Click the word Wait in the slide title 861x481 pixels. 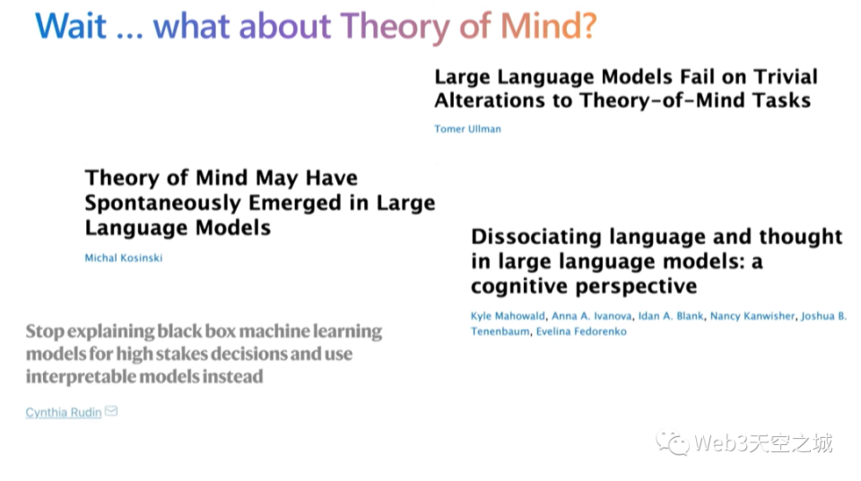pos(70,26)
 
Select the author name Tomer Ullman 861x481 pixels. pos(467,128)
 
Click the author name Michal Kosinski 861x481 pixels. pos(123,258)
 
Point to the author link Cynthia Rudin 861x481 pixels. pos(63,412)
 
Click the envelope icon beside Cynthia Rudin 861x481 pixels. pos(111,411)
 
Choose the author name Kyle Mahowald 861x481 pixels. pos(508,316)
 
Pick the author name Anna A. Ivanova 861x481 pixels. pos(591,316)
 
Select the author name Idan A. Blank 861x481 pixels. pos(671,316)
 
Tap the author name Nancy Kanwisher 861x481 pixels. pos(752,316)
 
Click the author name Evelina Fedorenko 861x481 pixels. pos(581,331)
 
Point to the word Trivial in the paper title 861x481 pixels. pos(786,76)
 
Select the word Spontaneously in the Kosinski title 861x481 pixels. pos(162,204)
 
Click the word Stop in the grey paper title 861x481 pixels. pos(45,331)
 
